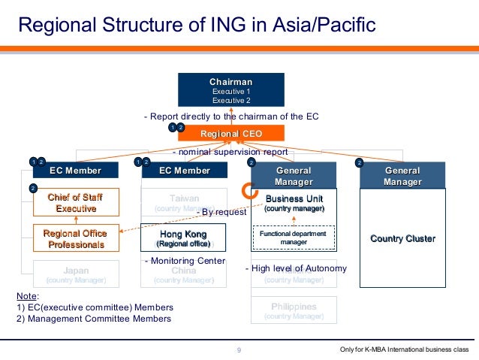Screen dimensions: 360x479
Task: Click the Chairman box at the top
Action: pos(230,89)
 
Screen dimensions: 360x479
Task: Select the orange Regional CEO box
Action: pos(230,133)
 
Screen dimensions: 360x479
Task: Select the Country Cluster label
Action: pos(402,239)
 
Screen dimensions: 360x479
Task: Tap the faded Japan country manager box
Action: pos(76,274)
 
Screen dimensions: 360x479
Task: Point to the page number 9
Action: pos(239,350)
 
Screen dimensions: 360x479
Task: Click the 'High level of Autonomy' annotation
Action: pos(296,268)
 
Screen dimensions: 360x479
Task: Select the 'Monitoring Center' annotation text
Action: pos(184,260)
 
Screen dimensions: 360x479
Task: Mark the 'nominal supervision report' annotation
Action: pos(230,152)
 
